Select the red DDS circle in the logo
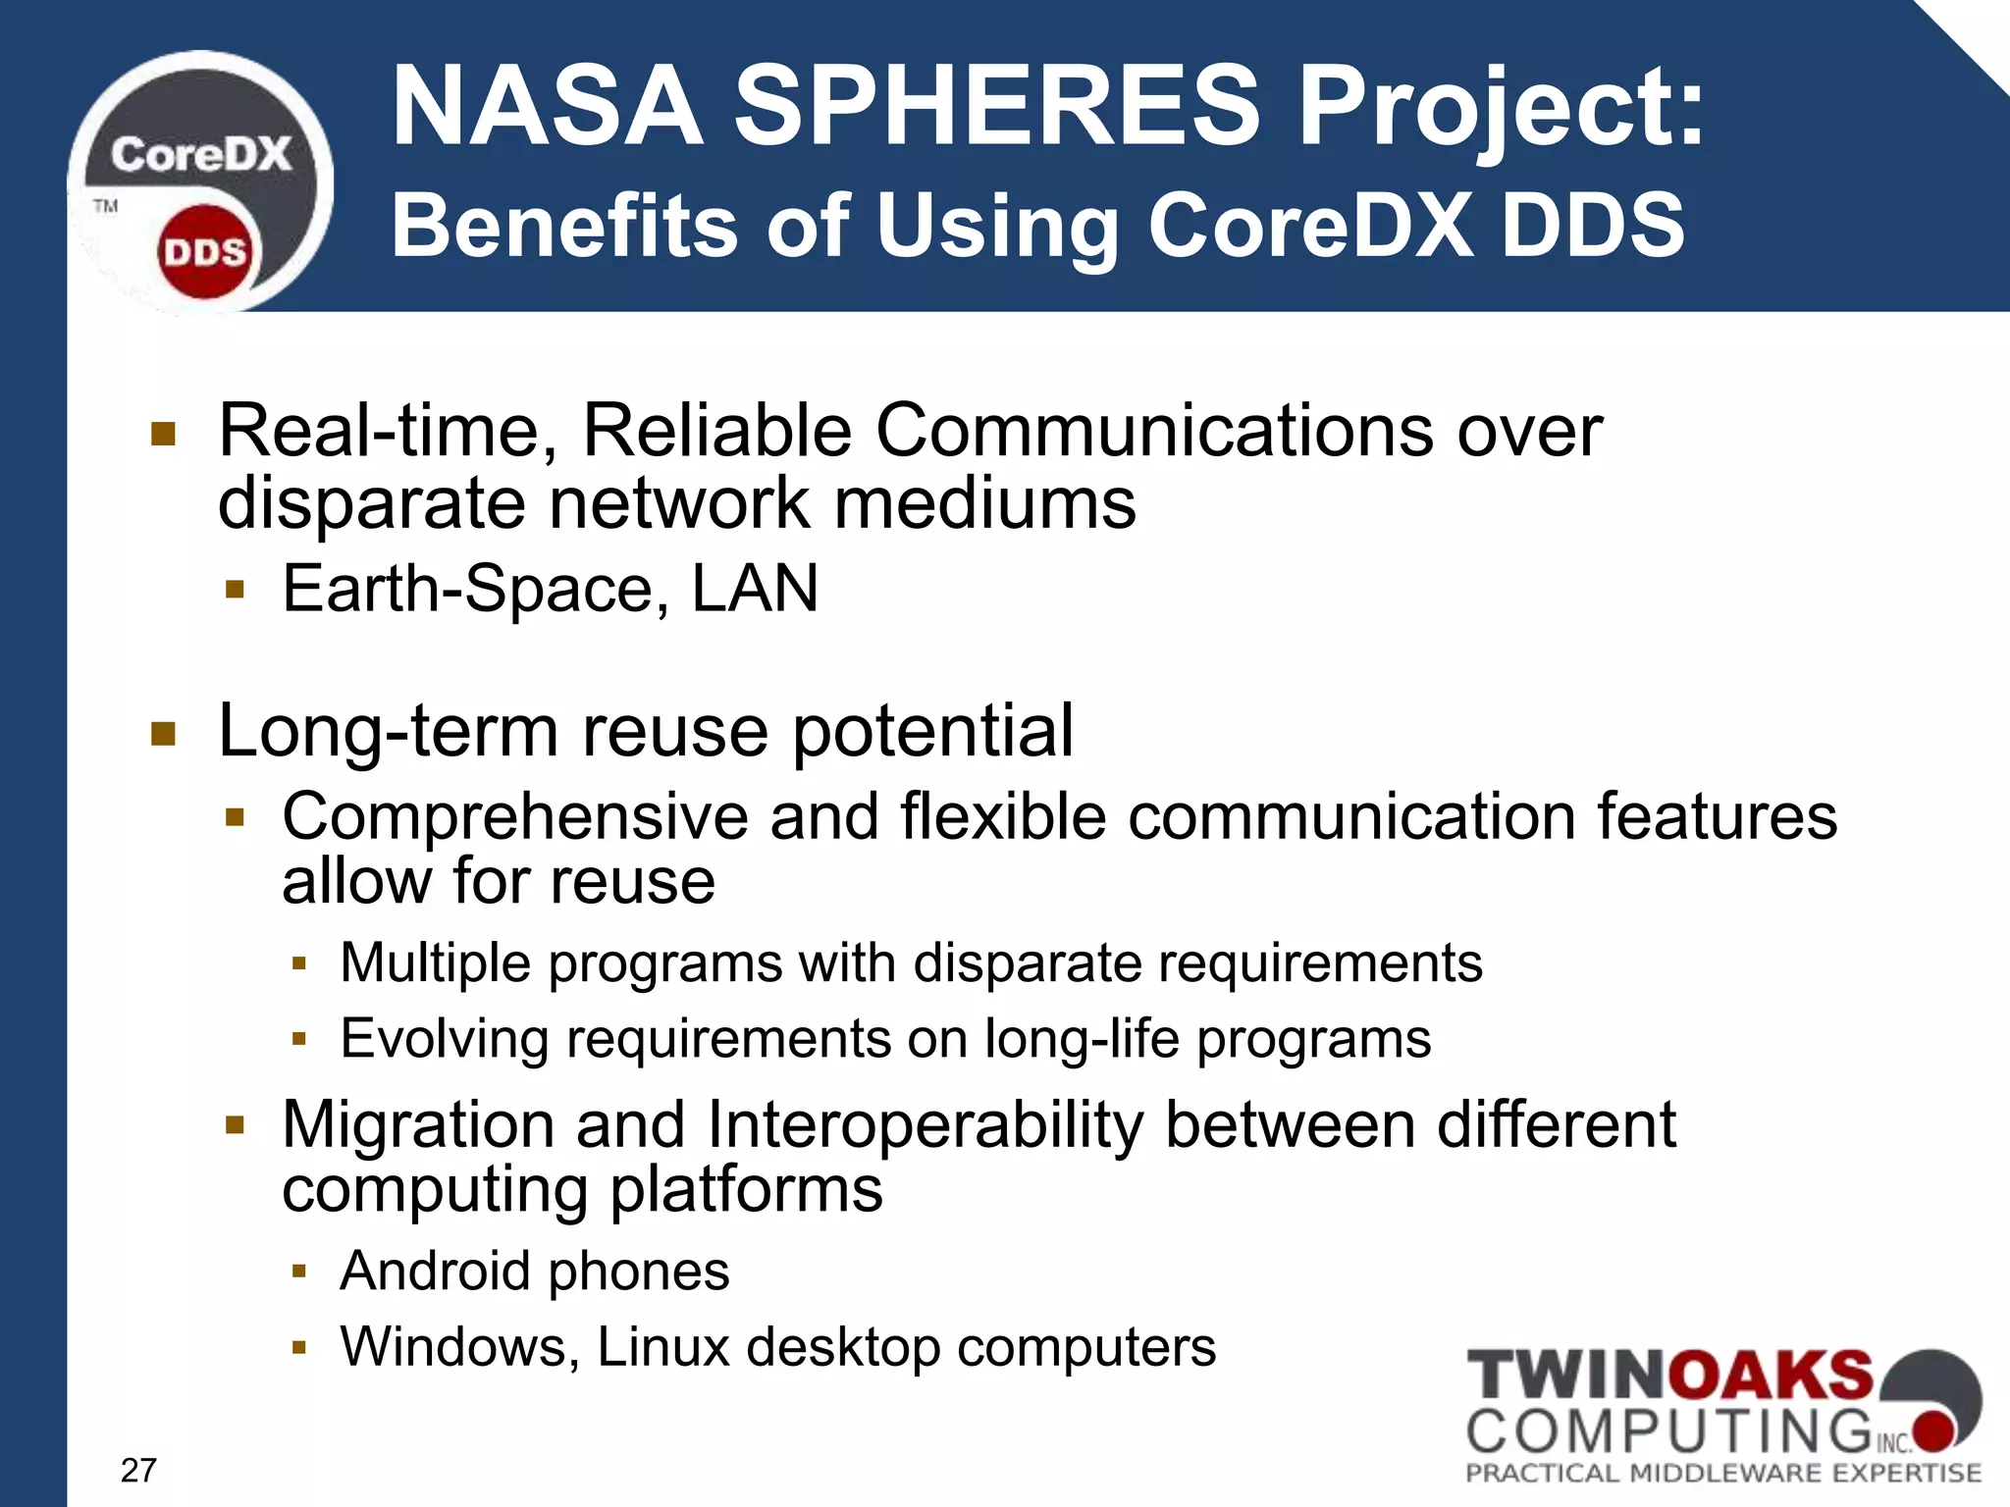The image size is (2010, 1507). click(204, 252)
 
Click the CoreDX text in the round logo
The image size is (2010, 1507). click(201, 155)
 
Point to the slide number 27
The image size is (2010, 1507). click(138, 1470)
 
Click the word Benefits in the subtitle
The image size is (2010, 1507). click(563, 225)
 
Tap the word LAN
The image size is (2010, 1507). click(755, 589)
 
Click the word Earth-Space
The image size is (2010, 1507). click(465, 589)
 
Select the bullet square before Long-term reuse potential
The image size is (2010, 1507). click(163, 734)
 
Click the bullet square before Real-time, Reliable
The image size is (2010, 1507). click(163, 434)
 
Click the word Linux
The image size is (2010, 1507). click(663, 1346)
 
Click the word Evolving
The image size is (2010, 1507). click(444, 1038)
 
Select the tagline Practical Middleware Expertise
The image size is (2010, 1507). click(1723, 1473)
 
